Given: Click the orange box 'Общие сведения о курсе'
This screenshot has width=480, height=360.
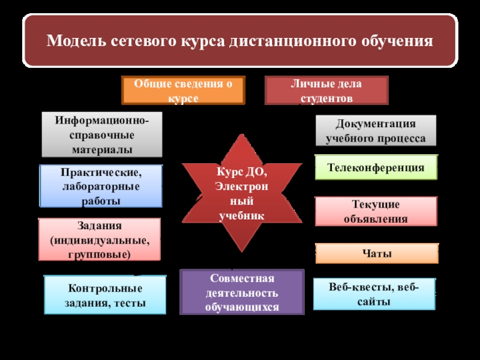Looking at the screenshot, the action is pyautogui.click(x=183, y=90).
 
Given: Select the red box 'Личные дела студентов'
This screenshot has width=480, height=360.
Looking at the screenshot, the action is pyautogui.click(x=326, y=91).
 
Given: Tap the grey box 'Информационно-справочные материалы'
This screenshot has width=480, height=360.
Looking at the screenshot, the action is pyautogui.click(x=102, y=134).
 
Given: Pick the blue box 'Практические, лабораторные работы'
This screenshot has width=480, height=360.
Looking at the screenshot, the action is pyautogui.click(x=101, y=187).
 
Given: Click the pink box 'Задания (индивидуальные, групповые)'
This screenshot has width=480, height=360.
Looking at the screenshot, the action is pyautogui.click(x=100, y=239).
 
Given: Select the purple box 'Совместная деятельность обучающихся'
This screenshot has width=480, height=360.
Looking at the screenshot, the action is pyautogui.click(x=242, y=292).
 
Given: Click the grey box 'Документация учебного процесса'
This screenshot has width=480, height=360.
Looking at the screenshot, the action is pyautogui.click(x=376, y=131).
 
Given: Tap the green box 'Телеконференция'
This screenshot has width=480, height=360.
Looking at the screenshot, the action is pyautogui.click(x=376, y=167).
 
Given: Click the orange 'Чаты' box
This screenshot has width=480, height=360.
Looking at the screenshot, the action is pyautogui.click(x=377, y=254).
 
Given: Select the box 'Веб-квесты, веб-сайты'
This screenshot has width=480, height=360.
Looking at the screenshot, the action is pyautogui.click(x=374, y=293).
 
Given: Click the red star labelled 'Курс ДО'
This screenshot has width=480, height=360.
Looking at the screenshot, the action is pyautogui.click(x=242, y=192).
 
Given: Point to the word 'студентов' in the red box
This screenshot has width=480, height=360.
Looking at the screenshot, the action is pyautogui.click(x=326, y=98).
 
